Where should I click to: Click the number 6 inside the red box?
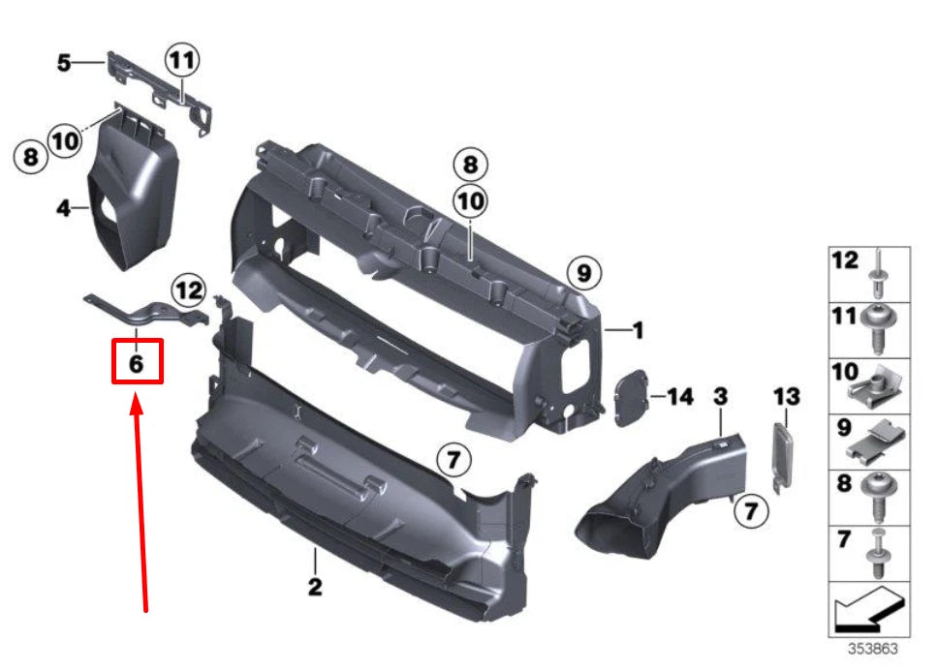pyautogui.click(x=137, y=364)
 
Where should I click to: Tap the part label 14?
pyautogui.click(x=680, y=396)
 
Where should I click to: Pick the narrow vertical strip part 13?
pyautogui.click(x=783, y=453)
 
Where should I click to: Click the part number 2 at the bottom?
pyautogui.click(x=314, y=586)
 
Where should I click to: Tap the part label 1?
pyautogui.click(x=638, y=331)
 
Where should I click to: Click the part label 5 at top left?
pyautogui.click(x=64, y=63)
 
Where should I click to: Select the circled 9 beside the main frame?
pyautogui.click(x=582, y=273)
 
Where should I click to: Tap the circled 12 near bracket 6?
pyautogui.click(x=190, y=289)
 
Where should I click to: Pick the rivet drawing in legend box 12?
pyautogui.click(x=882, y=274)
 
